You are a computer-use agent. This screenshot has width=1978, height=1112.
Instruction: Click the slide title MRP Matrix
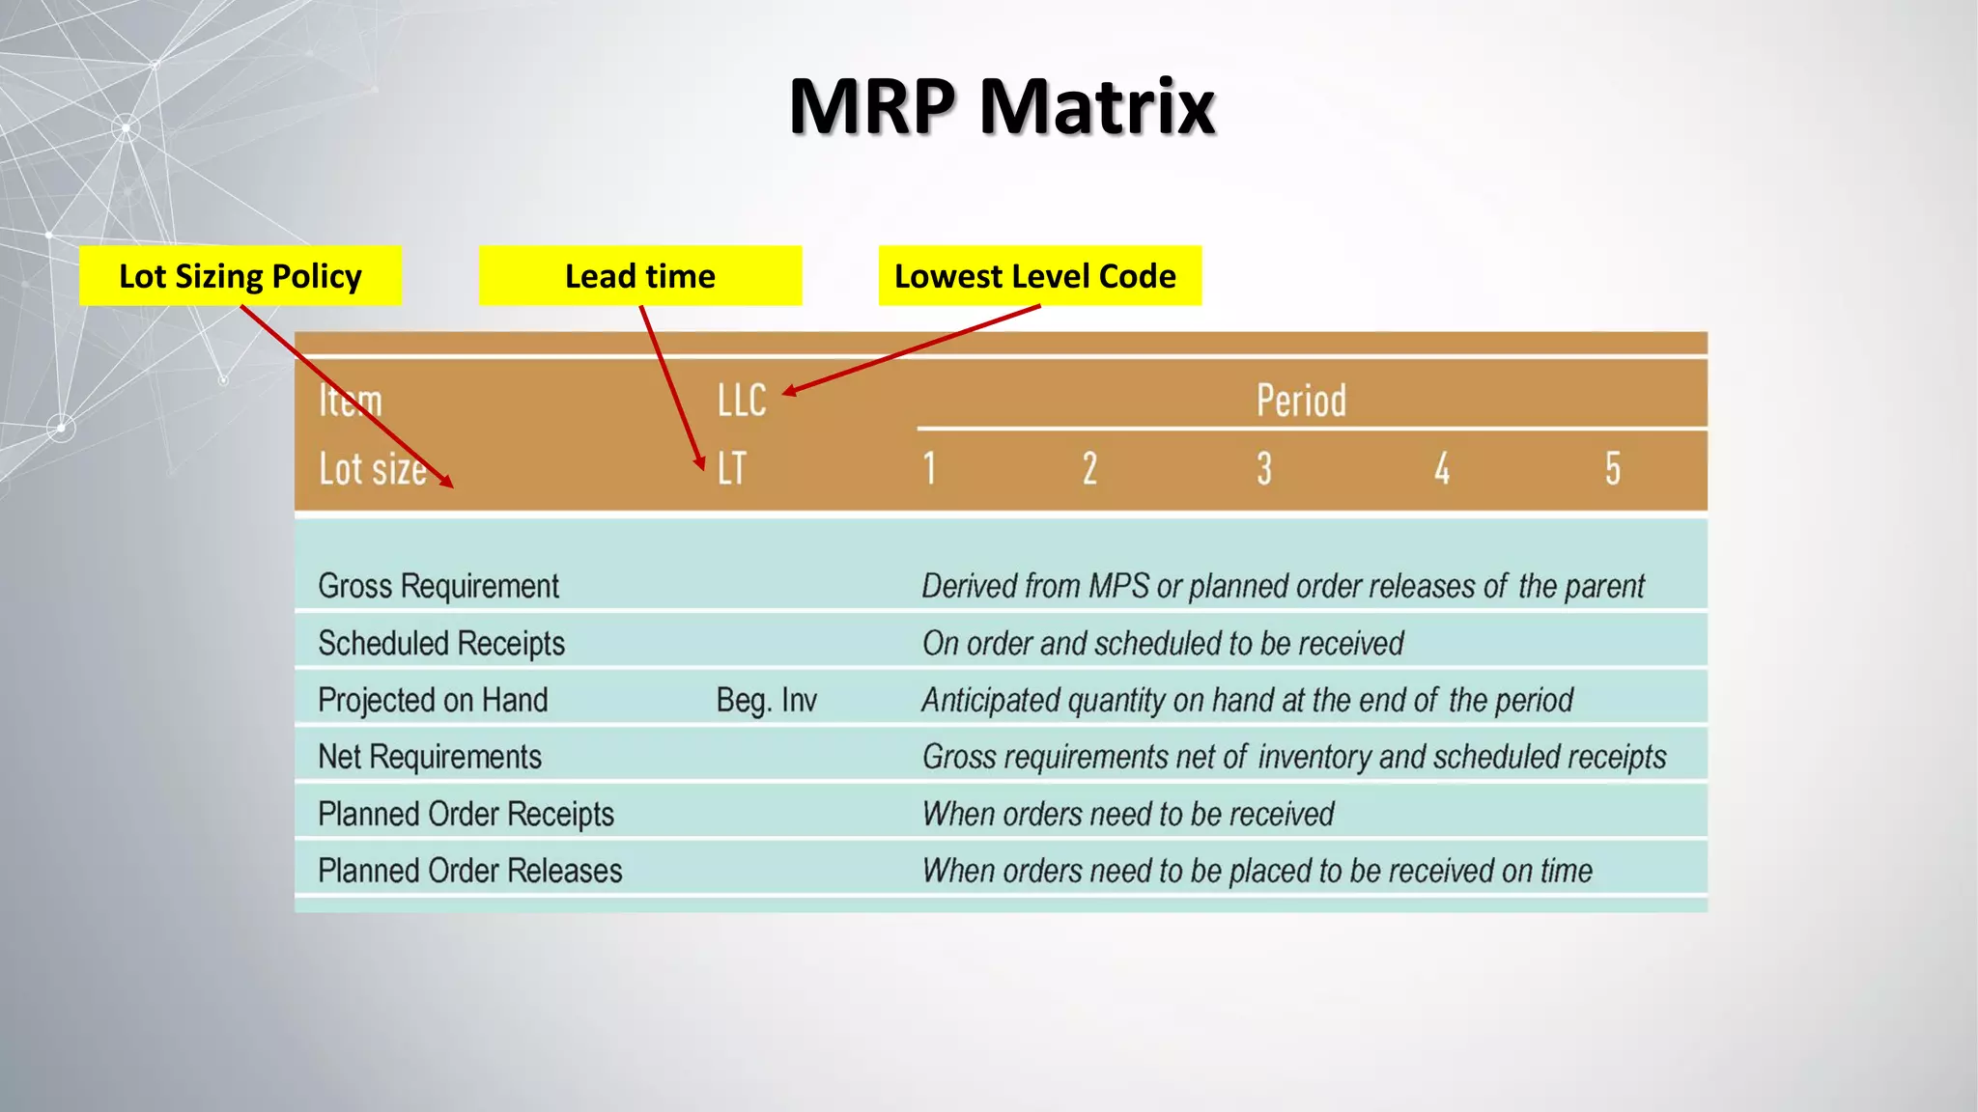coord(1002,106)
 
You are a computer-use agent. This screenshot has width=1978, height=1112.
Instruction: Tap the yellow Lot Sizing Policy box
coord(240,276)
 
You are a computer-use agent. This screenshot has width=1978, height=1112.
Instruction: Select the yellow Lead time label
coord(639,276)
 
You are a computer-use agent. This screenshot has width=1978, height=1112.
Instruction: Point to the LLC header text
coord(741,401)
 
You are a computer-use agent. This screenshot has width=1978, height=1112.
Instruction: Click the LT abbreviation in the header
coord(731,469)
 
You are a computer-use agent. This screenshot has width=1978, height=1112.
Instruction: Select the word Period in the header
coord(1300,401)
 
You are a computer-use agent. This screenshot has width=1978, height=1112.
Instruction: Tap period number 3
coord(1263,469)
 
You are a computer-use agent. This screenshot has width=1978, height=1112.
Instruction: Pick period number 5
coord(1612,469)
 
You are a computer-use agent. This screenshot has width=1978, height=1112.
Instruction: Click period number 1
coord(929,469)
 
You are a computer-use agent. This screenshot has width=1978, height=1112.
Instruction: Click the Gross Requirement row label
coord(438,586)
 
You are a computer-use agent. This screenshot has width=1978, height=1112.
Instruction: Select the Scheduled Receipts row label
coord(441,643)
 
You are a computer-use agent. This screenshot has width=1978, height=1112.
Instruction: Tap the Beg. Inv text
coord(766,700)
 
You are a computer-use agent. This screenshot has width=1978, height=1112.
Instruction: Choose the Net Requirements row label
coord(430,757)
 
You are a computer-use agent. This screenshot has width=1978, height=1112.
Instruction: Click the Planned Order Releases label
coord(470,871)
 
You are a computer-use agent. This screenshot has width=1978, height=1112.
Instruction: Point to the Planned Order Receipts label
coord(466,814)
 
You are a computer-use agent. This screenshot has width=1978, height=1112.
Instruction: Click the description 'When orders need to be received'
coord(1127,814)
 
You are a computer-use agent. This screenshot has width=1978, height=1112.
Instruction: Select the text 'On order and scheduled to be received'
coord(1162,643)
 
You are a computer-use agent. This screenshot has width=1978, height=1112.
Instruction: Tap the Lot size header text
coord(372,469)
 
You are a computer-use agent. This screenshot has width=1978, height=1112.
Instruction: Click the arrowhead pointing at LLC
coord(789,391)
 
